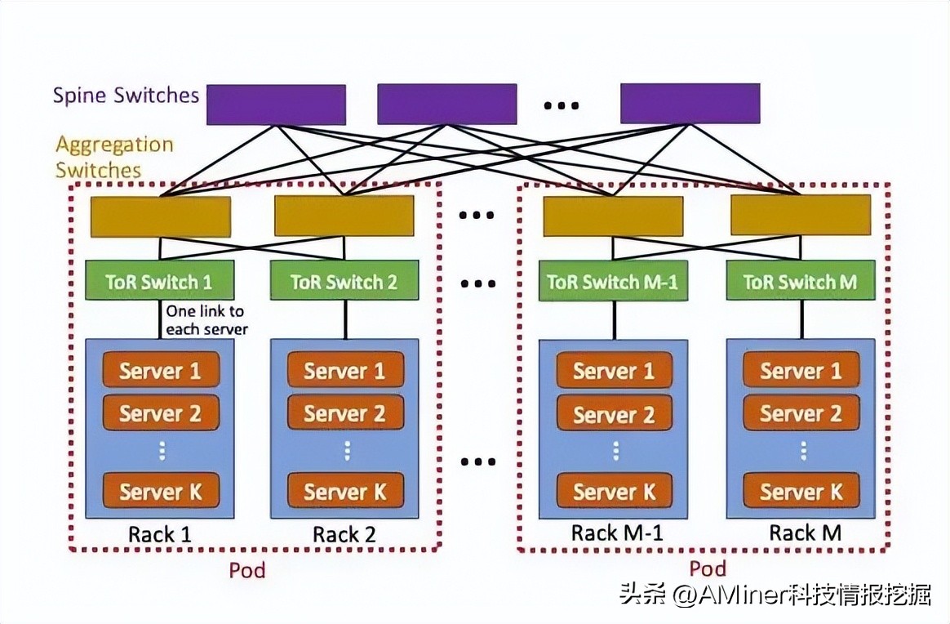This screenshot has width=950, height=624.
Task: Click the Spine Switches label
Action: tap(126, 96)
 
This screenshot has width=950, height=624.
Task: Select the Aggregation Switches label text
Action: tap(114, 158)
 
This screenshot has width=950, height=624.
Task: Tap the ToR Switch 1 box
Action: tap(159, 281)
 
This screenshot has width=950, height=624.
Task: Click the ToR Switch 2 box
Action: tap(344, 281)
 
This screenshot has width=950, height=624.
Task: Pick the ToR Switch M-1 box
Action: tap(613, 281)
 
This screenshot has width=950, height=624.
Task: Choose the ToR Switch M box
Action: tap(800, 281)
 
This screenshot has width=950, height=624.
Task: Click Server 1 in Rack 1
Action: tap(161, 371)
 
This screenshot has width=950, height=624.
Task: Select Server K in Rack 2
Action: tap(345, 492)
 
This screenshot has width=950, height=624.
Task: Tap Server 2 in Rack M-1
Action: tap(614, 414)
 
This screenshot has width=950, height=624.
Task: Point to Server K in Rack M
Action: tap(801, 492)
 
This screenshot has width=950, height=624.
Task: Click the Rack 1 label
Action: tap(160, 535)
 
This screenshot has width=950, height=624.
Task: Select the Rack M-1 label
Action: tap(616, 534)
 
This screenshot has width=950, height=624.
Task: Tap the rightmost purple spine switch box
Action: tap(690, 104)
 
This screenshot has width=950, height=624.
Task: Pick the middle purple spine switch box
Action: tap(446, 104)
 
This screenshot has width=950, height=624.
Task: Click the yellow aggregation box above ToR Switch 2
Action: tap(344, 216)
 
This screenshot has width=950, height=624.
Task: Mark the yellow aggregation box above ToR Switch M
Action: tap(800, 216)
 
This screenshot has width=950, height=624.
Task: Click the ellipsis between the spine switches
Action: tap(562, 105)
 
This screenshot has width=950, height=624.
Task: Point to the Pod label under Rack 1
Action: tap(246, 569)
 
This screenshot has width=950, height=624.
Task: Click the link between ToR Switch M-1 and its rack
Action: tap(614, 319)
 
